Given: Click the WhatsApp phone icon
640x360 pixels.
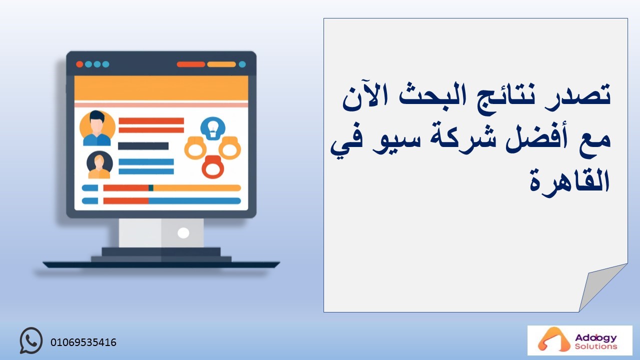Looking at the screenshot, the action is click(31, 340).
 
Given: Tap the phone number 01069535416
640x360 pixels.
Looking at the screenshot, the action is click(83, 342).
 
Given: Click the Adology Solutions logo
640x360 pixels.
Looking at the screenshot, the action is click(579, 340).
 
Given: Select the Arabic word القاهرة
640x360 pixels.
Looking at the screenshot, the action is click(570, 181).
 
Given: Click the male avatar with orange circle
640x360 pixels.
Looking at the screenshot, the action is click(97, 128).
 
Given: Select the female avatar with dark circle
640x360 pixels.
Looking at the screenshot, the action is click(99, 164).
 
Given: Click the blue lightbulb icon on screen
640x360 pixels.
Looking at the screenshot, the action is click(212, 128).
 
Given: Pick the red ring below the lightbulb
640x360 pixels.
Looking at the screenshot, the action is click(213, 167).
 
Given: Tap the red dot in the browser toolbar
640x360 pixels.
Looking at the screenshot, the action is click(79, 64).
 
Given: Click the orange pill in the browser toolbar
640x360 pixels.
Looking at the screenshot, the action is click(221, 64).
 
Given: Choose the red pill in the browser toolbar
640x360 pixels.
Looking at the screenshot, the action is click(190, 64).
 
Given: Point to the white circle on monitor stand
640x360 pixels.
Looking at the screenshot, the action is click(183, 233).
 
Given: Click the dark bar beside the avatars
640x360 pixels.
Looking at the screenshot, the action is click(143, 146).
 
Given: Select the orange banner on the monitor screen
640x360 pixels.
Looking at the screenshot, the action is click(161, 88).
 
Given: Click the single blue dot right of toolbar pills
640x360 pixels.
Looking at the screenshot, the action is click(242, 64).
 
